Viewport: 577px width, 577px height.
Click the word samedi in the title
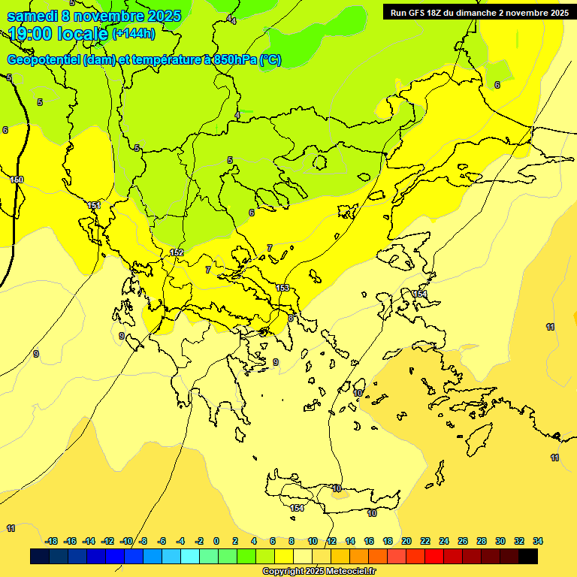click(32, 15)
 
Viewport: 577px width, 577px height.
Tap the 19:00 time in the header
click(31, 34)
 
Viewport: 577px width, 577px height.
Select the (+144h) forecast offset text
click(133, 34)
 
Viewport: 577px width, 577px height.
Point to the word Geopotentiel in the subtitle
click(44, 60)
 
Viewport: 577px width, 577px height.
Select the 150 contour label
click(17, 180)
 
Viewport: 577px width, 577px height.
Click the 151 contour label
click(94, 205)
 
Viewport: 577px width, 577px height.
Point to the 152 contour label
click(177, 252)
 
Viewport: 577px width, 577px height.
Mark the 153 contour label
click(282, 288)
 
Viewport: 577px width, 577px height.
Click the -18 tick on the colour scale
click(52, 541)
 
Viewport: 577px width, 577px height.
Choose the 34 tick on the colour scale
click(538, 541)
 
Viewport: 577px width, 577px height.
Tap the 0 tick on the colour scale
click(216, 541)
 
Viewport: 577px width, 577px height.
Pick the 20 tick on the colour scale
click(406, 541)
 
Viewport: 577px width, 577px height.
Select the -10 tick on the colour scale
click(127, 541)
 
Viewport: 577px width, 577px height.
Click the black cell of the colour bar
click(528, 556)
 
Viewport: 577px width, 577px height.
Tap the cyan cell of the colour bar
click(190, 556)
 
